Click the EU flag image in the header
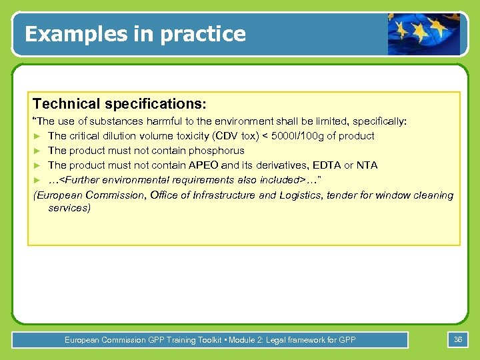[424, 33]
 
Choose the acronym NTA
[367, 165]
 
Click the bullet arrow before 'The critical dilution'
[37, 136]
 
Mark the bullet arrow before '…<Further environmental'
[37, 180]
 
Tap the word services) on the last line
[69, 208]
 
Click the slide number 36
[458, 339]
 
